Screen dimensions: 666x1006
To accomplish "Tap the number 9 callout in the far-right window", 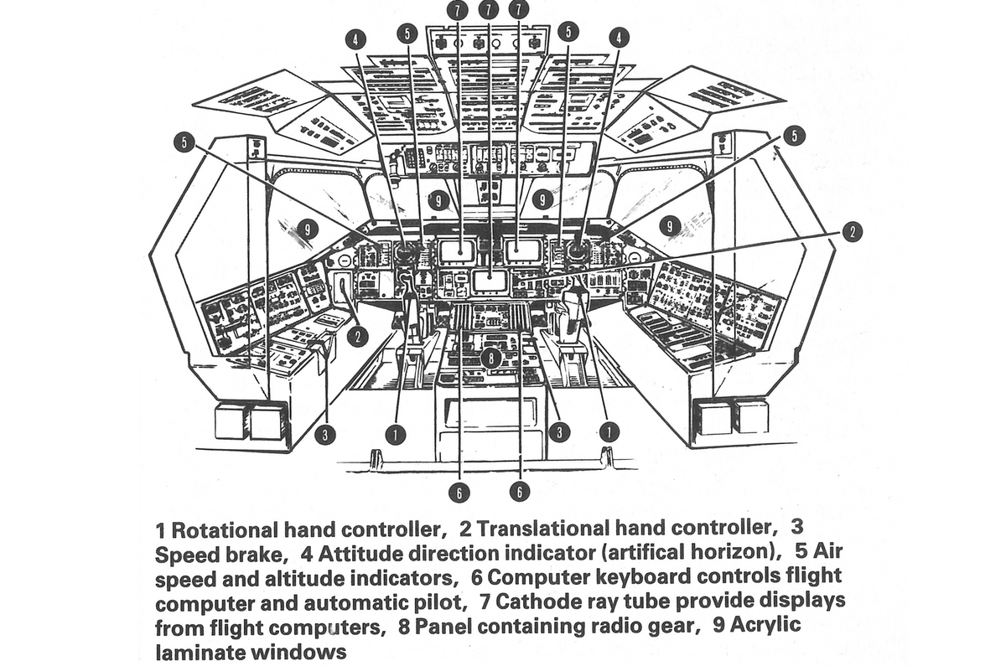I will tap(669, 225).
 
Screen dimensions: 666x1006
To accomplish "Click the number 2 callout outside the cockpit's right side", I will tap(852, 232).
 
